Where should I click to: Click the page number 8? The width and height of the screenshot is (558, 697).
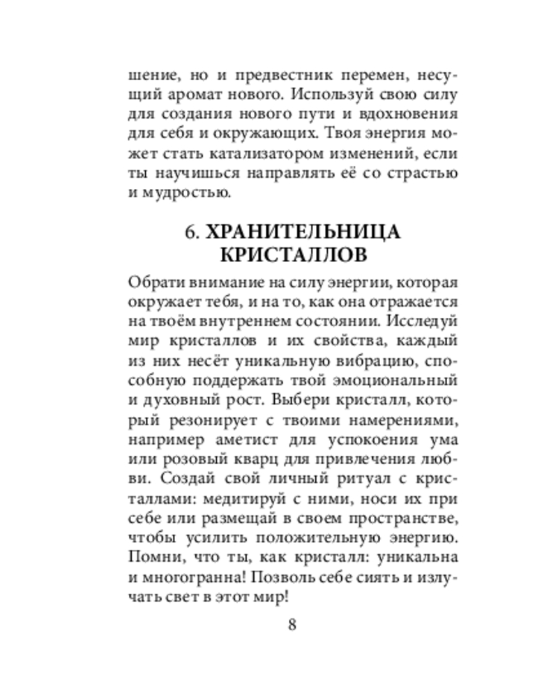pos(292,623)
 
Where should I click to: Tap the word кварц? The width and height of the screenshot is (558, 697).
pos(273,460)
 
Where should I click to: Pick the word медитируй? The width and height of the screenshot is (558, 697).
pos(239,499)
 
